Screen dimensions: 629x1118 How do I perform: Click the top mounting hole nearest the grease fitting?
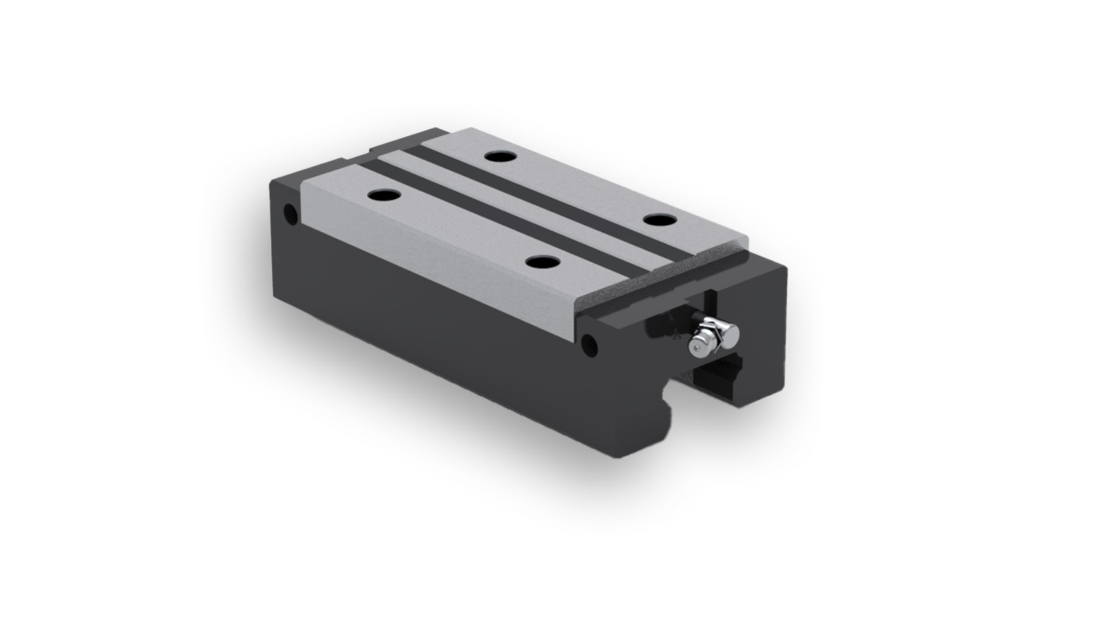pyautogui.click(x=658, y=221)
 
